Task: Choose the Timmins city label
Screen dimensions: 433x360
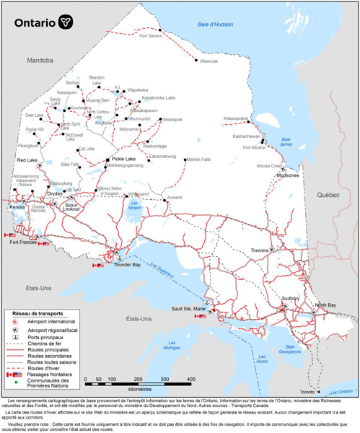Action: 259,250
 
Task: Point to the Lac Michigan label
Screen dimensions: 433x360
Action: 171,345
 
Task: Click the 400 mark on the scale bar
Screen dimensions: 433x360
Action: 190,379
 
